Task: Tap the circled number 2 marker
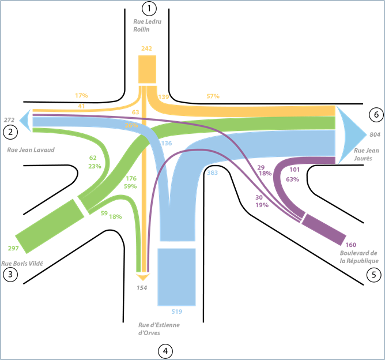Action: click(9, 132)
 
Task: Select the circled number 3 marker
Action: click(9, 275)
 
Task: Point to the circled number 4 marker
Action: click(166, 350)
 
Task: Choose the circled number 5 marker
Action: click(374, 275)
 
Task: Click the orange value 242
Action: click(146, 48)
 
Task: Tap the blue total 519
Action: click(176, 312)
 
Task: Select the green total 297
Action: click(14, 248)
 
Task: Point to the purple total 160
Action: click(351, 245)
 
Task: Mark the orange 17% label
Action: click(81, 95)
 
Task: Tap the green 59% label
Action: click(131, 186)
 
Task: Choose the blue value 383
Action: click(212, 173)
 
